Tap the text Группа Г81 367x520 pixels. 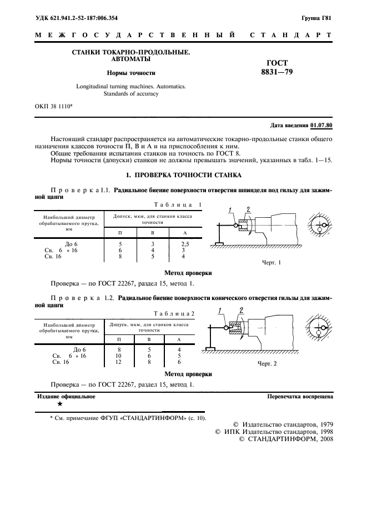[316, 18]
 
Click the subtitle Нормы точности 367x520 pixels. [131, 73]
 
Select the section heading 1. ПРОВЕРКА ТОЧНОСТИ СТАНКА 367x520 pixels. [183, 175]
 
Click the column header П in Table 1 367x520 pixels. [120, 232]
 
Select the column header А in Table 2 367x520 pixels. [178, 338]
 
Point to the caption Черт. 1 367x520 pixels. [272, 262]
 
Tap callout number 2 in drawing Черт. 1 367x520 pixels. [249, 209]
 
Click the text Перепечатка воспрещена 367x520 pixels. [300, 397]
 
